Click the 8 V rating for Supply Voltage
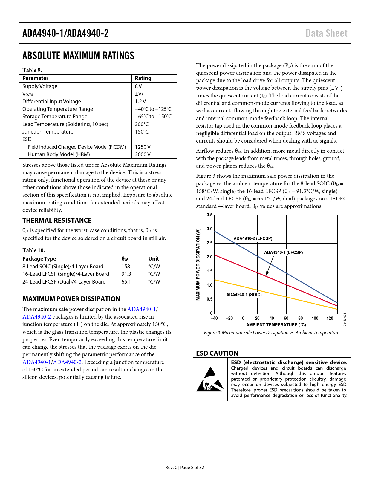(138, 86)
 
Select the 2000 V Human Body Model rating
(143, 154)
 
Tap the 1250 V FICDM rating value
(143, 147)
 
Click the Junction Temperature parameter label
(48, 132)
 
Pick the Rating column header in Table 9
(143, 78)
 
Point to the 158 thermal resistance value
(126, 267)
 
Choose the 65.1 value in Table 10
(126, 282)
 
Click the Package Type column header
(39, 259)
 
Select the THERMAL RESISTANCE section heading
(57, 221)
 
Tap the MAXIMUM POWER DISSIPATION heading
(71, 299)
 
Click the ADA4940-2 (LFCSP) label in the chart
(253, 238)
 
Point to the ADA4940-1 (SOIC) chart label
(244, 295)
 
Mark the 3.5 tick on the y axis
(209, 215)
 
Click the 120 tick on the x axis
(330, 318)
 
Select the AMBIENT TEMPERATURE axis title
(276, 325)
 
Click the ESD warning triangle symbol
(210, 379)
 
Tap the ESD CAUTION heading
(217, 353)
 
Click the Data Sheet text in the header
(326, 33)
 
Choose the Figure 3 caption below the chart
(271, 333)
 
